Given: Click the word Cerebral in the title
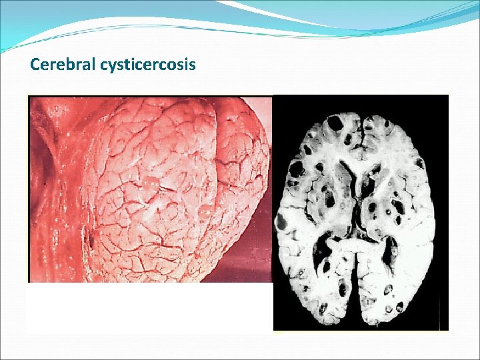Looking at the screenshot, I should point(63,65).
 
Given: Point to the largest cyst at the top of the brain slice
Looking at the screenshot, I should point(336,123).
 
